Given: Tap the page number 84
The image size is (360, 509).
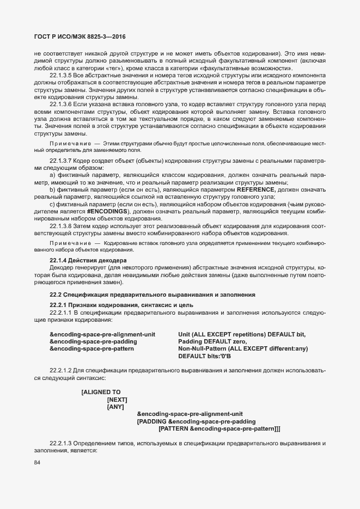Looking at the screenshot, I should point(37,463).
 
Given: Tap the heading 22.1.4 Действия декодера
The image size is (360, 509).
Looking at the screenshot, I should point(88,261).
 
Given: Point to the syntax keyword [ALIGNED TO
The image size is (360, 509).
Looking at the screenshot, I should point(101,392).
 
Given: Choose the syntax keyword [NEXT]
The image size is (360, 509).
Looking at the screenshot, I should point(117,399).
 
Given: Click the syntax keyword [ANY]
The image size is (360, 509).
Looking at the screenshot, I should point(115,407).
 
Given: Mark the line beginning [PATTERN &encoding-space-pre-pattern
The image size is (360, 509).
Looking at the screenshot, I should point(219,428).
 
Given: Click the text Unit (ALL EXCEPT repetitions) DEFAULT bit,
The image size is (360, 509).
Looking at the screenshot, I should point(242,334).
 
